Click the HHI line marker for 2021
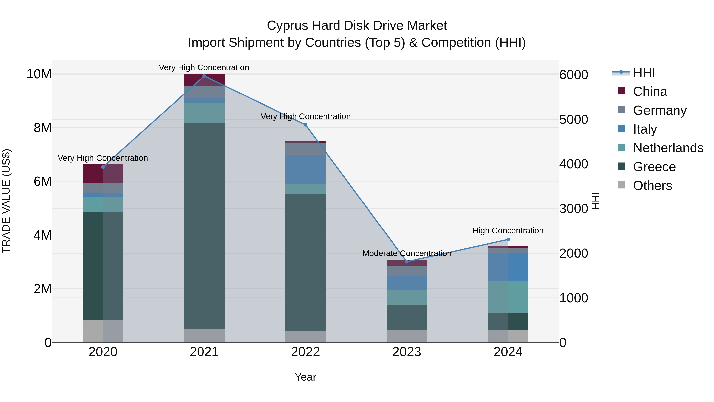coord(204,76)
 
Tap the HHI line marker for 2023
coord(407,262)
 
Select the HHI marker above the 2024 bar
coord(508,239)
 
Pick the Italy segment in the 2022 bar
coord(305,170)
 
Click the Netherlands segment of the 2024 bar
coord(508,297)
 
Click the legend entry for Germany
coord(660,110)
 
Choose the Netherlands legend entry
coord(668,148)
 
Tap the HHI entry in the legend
coord(644,73)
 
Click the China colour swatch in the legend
coord(621,91)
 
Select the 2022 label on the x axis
coord(305,352)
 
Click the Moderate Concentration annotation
coord(407,253)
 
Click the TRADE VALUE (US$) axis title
coord(6,201)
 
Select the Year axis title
coord(305,377)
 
